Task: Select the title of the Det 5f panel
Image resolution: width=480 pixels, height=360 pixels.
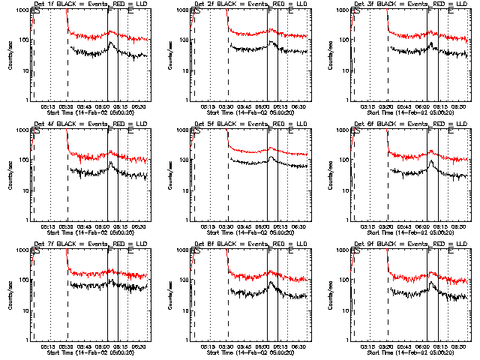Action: click(x=249, y=124)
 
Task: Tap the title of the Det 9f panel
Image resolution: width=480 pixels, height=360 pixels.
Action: click(x=409, y=244)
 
